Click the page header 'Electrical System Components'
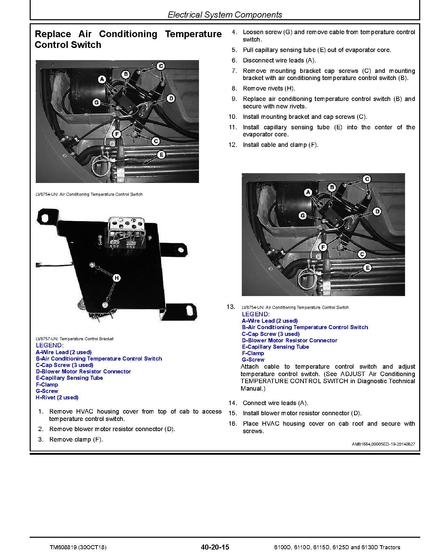point(225,15)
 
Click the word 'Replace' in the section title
point(53,34)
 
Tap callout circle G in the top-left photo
point(96,102)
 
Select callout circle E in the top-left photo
point(161,155)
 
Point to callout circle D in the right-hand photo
point(377,212)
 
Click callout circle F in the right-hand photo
point(323,247)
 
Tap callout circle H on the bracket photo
point(116,278)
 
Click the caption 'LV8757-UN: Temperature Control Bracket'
point(75,339)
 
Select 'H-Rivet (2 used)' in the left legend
point(57,397)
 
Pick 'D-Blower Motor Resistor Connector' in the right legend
point(289,340)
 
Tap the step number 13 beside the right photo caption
point(231,307)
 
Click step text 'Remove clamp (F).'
point(76,440)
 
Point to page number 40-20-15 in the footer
point(214,547)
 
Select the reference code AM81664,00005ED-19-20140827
point(383,445)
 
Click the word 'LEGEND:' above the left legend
point(49,345)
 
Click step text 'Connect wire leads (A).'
point(275,403)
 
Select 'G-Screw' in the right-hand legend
point(253,360)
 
